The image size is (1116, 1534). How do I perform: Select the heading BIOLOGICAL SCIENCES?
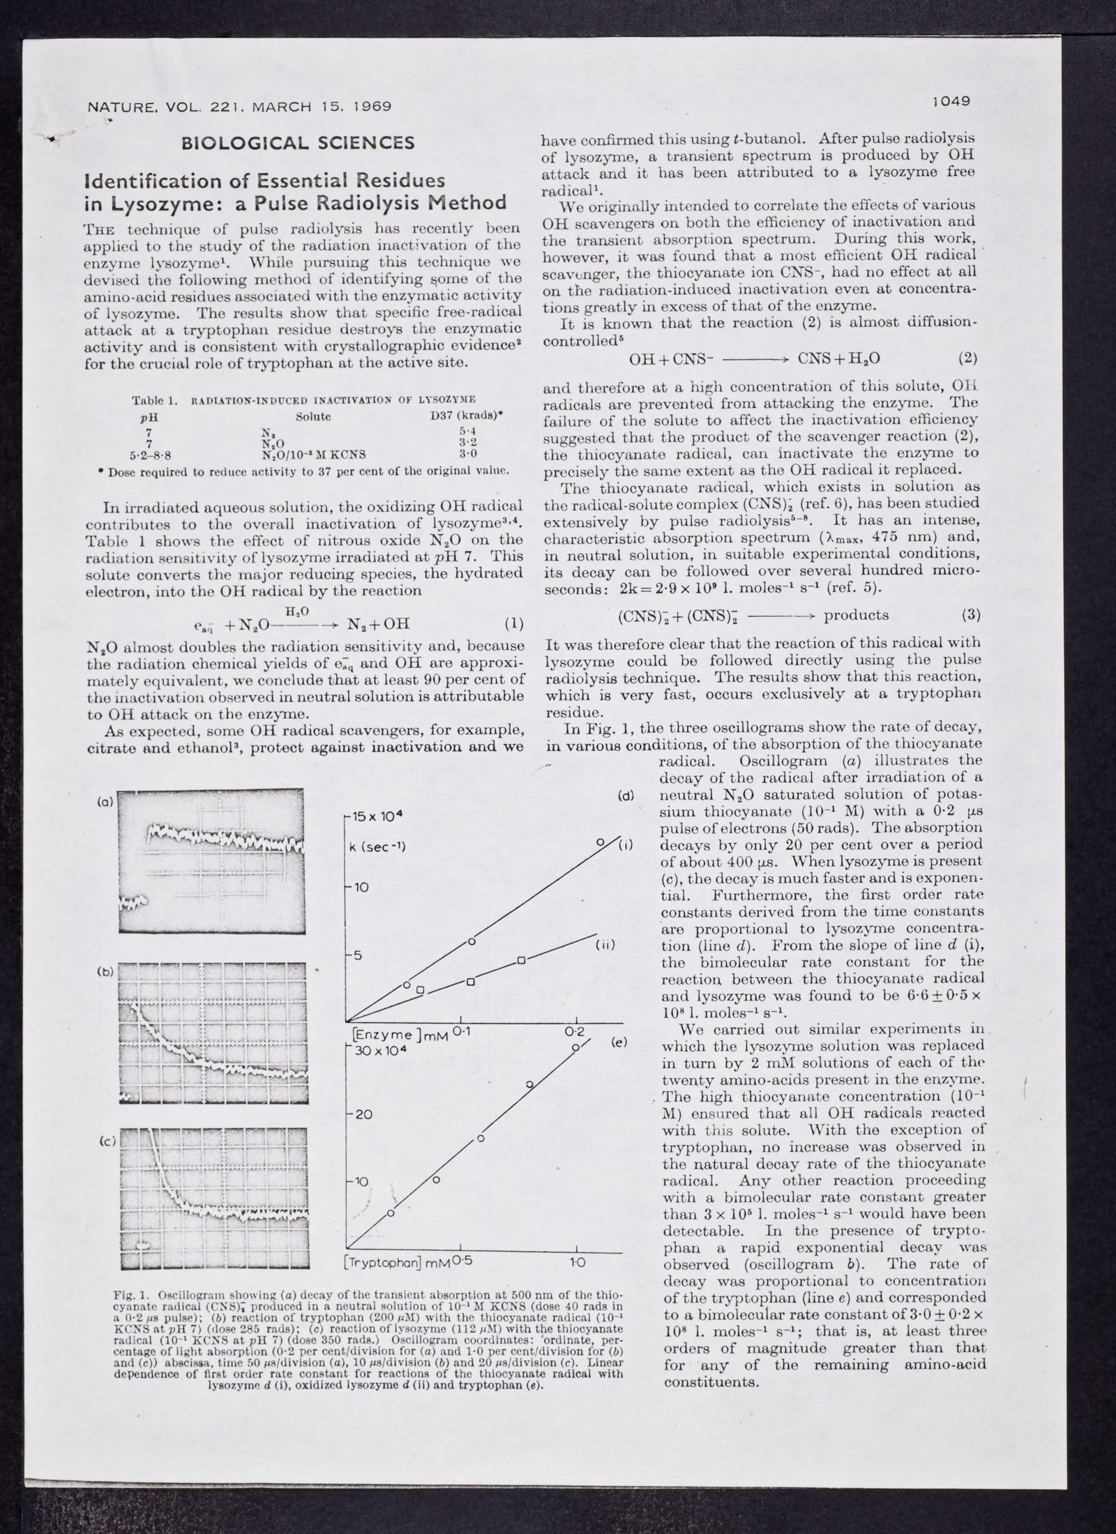point(298,144)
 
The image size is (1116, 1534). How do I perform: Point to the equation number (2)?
point(967,359)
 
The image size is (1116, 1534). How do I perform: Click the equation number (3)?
point(970,615)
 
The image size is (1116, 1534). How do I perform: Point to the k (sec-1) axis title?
point(381,847)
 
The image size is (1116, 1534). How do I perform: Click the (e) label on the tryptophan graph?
point(619,1043)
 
